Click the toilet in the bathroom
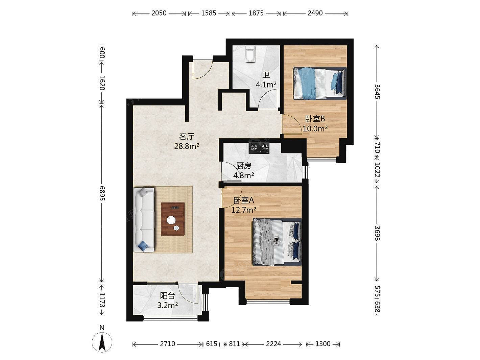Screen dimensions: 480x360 click(x=250, y=54)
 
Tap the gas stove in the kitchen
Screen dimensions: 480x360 click(x=259, y=148)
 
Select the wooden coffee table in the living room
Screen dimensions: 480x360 click(x=173, y=219)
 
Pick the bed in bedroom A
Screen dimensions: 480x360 click(x=277, y=242)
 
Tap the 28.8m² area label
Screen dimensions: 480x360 click(x=187, y=146)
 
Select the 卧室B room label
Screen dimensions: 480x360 click(x=315, y=119)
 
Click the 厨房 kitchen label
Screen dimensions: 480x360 click(x=244, y=166)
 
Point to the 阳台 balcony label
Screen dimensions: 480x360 click(x=167, y=296)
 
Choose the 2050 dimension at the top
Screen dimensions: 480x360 click(x=159, y=13)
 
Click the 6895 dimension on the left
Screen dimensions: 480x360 click(x=102, y=193)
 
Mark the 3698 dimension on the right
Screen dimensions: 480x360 click(x=377, y=233)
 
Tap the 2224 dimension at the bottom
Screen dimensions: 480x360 click(x=273, y=344)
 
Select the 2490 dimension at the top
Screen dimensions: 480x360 click(x=315, y=13)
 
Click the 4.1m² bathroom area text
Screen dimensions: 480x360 click(x=266, y=85)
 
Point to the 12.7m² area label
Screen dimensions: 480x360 click(x=244, y=210)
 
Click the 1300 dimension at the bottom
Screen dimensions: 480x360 click(x=323, y=344)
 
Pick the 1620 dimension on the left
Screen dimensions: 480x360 click(x=102, y=83)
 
